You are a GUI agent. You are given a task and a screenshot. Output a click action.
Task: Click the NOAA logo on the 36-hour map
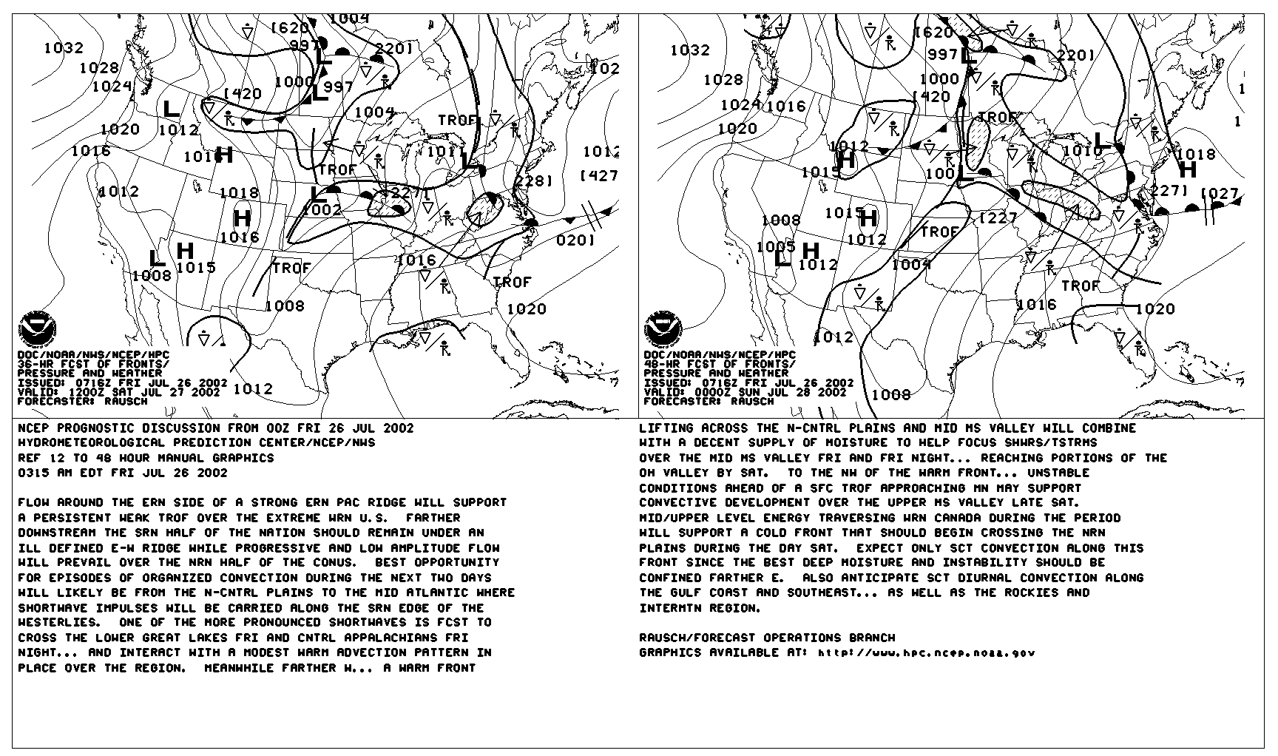click(36, 330)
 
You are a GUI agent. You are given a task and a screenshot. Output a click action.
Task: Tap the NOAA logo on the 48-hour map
click(663, 330)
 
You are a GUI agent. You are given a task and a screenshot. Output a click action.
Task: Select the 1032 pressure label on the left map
click(64, 48)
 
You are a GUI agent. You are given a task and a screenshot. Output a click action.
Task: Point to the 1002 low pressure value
click(322, 209)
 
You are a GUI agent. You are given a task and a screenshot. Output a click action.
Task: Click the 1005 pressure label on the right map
click(776, 246)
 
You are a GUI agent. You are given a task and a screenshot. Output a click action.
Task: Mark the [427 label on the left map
click(599, 175)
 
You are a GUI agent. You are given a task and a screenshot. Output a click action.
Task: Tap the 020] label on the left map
click(575, 240)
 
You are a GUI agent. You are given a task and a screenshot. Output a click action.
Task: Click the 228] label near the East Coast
click(534, 180)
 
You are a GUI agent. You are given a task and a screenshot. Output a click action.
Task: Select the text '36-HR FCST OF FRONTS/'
click(93, 365)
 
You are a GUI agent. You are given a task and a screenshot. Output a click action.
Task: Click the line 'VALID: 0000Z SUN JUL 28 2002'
click(745, 392)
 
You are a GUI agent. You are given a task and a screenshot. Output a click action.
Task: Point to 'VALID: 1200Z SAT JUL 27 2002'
click(118, 392)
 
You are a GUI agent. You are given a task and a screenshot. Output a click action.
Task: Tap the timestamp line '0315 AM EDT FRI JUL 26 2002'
click(123, 473)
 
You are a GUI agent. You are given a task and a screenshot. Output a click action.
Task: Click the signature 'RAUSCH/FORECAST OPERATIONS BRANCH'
click(767, 638)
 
